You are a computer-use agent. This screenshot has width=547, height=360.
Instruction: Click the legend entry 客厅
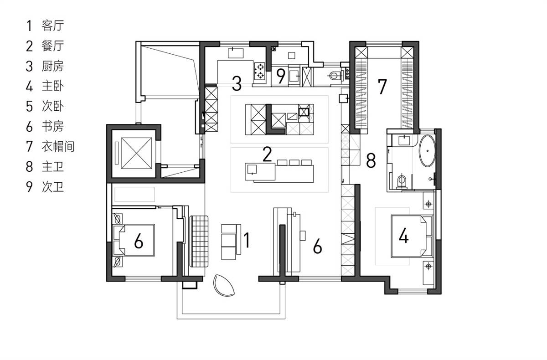pyautogui.click(x=52, y=26)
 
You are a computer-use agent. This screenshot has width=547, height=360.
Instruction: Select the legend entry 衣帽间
pyautogui.click(x=58, y=147)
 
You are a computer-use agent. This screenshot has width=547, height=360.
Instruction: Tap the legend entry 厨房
pyautogui.click(x=52, y=66)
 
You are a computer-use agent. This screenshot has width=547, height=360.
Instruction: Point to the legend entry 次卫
pyautogui.click(x=52, y=187)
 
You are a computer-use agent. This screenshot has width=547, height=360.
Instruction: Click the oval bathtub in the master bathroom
pyautogui.click(x=427, y=151)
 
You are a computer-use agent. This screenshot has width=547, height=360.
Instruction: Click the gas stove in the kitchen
pyautogui.click(x=259, y=71)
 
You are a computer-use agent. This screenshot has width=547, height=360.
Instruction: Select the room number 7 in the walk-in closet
pyautogui.click(x=382, y=87)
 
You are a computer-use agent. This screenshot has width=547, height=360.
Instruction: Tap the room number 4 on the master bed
pyautogui.click(x=403, y=236)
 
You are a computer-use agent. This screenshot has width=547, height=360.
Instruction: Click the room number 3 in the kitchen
pyautogui.click(x=237, y=83)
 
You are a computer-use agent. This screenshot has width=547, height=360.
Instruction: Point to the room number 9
pyautogui.click(x=281, y=76)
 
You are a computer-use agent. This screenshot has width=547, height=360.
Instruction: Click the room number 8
pyautogui.click(x=371, y=160)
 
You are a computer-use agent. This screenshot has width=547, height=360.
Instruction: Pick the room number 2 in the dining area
pyautogui.click(x=267, y=154)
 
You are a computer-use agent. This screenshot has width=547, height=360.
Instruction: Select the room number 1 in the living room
pyautogui.click(x=247, y=240)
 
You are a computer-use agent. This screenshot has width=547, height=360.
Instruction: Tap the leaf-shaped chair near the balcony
pyautogui.click(x=223, y=285)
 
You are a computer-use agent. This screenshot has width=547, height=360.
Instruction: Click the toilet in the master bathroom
pyautogui.click(x=402, y=181)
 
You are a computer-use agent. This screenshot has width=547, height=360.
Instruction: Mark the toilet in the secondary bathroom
pyautogui.click(x=334, y=76)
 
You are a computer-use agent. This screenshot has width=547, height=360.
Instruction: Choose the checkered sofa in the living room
pyautogui.click(x=199, y=241)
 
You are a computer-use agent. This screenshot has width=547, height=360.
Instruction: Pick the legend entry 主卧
pyautogui.click(x=52, y=87)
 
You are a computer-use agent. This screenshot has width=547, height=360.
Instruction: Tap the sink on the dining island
pyautogui.click(x=252, y=170)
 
